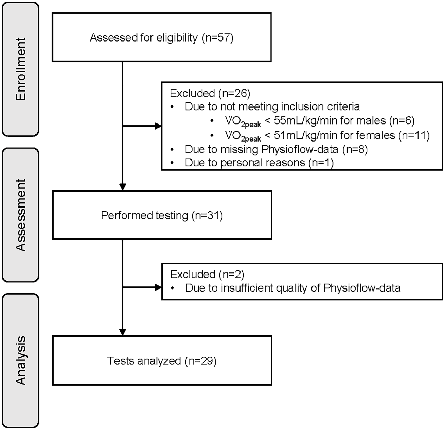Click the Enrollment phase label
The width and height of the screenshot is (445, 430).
click(20, 69)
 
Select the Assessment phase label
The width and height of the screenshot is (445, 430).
click(20, 215)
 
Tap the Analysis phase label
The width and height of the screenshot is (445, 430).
click(20, 360)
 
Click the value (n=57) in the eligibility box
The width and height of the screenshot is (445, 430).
click(217, 37)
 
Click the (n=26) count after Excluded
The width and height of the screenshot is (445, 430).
click(234, 93)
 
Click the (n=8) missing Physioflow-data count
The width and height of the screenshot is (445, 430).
click(355, 149)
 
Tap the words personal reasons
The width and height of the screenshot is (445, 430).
click(263, 163)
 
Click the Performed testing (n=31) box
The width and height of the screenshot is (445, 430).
click(162, 215)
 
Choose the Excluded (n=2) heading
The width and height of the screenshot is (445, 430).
click(207, 274)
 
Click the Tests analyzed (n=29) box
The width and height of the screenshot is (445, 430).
click(162, 361)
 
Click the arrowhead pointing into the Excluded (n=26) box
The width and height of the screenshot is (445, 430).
click(158, 126)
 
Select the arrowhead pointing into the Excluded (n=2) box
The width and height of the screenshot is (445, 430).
click(158, 288)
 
